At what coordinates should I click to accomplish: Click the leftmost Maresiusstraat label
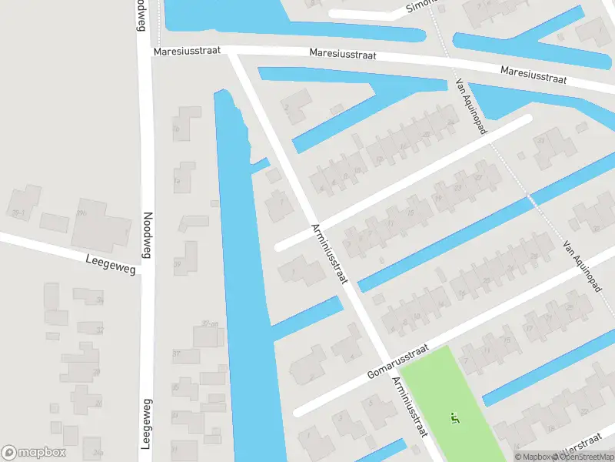click(187, 50)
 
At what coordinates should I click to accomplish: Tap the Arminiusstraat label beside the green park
click(410, 407)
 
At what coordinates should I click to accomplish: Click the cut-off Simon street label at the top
click(422, 6)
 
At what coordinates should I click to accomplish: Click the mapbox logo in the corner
click(34, 452)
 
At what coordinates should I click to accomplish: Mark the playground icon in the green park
click(454, 419)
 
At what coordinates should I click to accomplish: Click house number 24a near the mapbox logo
click(98, 452)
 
